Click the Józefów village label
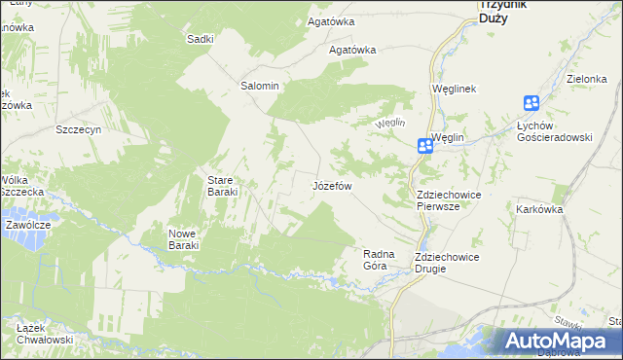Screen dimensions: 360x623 pos(331,185)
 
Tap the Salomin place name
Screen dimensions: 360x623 pos(260,86)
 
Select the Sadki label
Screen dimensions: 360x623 pos(200,39)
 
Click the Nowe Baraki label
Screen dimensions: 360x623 pos(183,239)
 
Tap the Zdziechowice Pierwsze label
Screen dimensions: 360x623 pos(448,200)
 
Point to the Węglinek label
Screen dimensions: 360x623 pos(453,89)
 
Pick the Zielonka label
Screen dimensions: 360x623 pos(586,79)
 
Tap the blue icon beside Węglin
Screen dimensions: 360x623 pos(425,146)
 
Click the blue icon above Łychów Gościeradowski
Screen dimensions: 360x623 pos(531,103)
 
